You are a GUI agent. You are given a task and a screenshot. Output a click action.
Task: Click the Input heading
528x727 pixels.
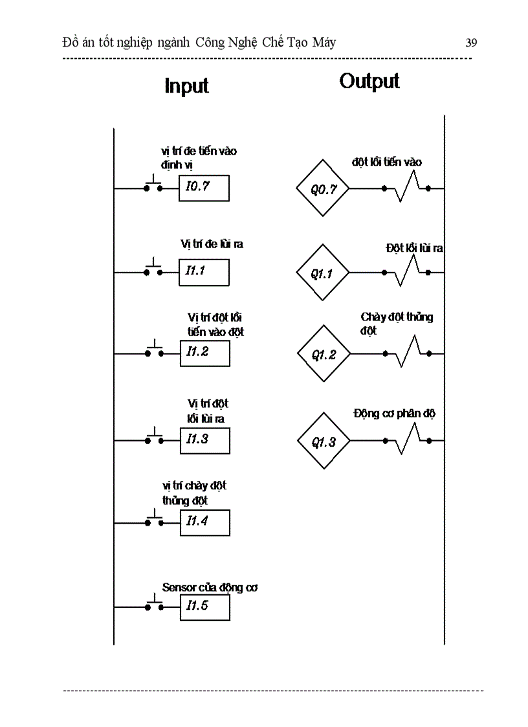pyautogui.click(x=187, y=85)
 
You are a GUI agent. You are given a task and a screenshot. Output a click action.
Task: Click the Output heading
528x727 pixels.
pyautogui.click(x=369, y=81)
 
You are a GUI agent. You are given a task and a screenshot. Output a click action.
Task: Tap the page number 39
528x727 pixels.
pyautogui.click(x=471, y=43)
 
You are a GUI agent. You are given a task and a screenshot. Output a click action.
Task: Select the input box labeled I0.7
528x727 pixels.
pyautogui.click(x=204, y=188)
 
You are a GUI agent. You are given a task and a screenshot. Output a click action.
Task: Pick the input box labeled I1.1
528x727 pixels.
pyautogui.click(x=204, y=272)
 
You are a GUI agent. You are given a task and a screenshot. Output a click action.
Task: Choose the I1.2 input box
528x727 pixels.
pyautogui.click(x=204, y=353)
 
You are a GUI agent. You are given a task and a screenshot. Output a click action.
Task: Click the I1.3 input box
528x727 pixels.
pyautogui.click(x=204, y=440)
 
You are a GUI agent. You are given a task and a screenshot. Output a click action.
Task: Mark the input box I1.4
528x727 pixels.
pyautogui.click(x=204, y=522)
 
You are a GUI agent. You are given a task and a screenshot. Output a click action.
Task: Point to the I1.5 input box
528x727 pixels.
pyautogui.click(x=204, y=607)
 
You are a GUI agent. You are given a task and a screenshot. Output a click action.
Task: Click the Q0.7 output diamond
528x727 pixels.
pyautogui.click(x=322, y=189)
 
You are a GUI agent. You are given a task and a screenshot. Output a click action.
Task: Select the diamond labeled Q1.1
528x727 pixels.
pyautogui.click(x=322, y=273)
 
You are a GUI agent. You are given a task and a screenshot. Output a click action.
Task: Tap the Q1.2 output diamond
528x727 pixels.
pyautogui.click(x=324, y=354)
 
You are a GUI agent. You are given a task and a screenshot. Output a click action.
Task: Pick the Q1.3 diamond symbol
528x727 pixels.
pyautogui.click(x=324, y=442)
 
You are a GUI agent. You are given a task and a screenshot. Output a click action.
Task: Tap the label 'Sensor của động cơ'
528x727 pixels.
pyautogui.click(x=210, y=588)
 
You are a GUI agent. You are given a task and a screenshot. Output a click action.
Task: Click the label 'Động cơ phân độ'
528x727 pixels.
pyautogui.click(x=394, y=414)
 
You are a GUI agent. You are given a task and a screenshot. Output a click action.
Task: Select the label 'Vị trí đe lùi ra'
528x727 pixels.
pyautogui.click(x=212, y=244)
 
